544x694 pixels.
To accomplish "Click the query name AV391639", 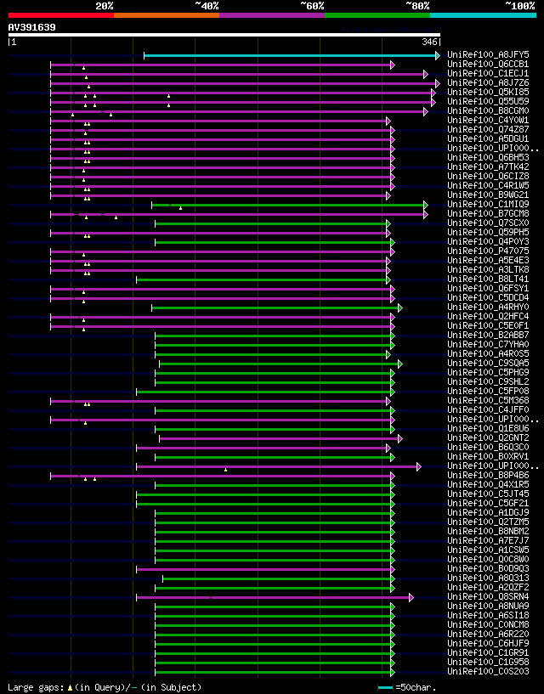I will click(x=32, y=27).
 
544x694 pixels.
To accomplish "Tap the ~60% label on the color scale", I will click(x=312, y=5).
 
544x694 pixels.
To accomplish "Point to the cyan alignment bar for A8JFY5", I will click(x=289, y=55).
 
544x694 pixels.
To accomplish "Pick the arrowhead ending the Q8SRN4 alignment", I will click(x=411, y=597).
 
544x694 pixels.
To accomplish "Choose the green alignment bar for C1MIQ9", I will click(x=289, y=205).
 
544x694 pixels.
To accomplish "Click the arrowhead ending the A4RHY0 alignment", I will click(x=399, y=308).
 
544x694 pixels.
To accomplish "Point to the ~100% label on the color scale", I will click(x=519, y=5).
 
